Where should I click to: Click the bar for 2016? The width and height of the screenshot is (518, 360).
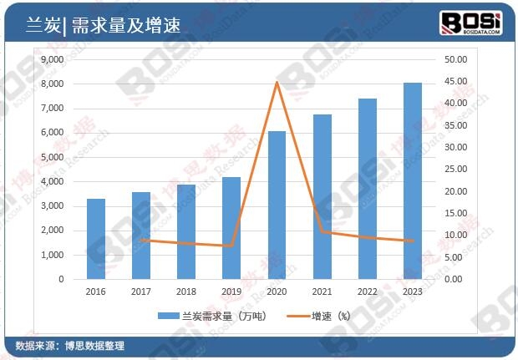(96, 239)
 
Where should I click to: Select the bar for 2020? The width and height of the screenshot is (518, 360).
(277, 205)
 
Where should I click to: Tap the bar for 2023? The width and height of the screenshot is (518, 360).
(413, 180)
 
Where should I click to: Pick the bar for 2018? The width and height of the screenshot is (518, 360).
(186, 231)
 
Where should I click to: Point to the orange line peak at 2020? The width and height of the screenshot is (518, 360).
(277, 82)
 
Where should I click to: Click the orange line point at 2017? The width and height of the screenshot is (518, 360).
(141, 240)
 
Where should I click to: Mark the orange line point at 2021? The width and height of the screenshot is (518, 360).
(322, 231)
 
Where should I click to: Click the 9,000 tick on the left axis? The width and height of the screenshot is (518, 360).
(52, 60)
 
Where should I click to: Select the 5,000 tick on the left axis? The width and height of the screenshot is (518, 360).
(52, 157)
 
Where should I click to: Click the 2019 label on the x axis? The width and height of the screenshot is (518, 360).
(231, 292)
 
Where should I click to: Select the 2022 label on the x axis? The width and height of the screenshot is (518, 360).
(368, 292)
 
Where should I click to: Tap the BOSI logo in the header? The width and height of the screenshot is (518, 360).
(471, 22)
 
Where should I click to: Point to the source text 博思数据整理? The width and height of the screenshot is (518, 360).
(94, 345)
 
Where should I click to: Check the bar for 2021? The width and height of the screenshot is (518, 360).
(322, 196)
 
